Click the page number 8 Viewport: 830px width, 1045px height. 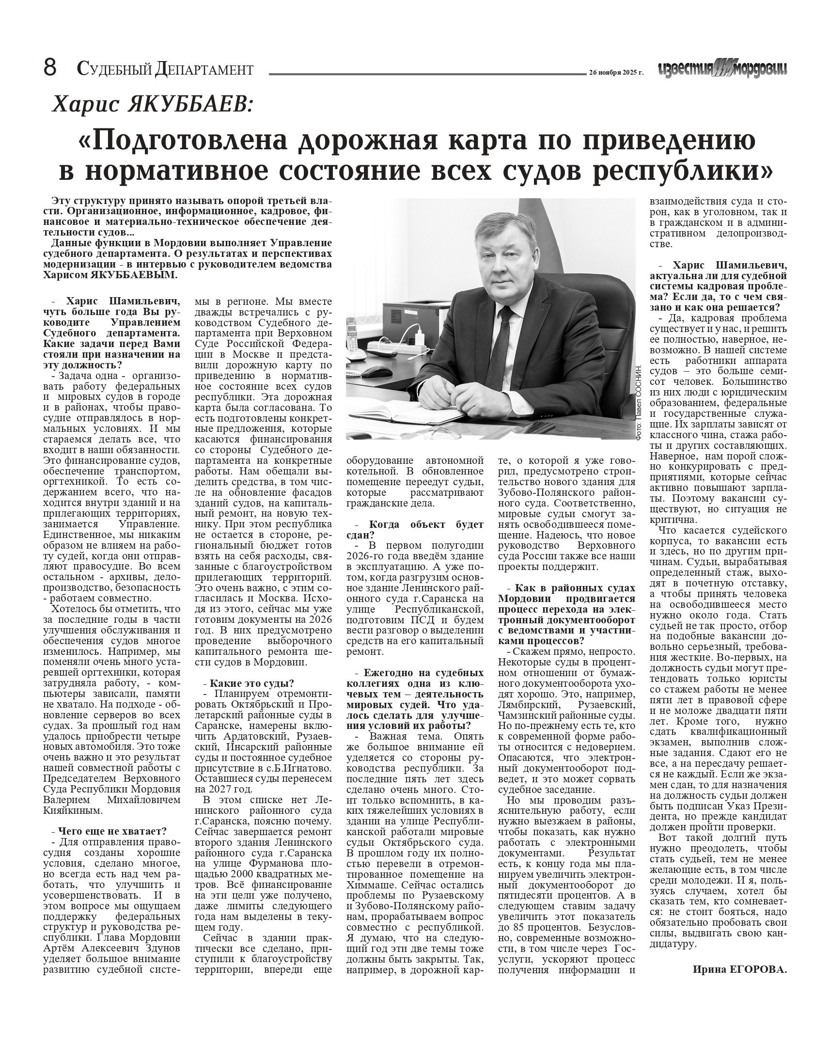pyautogui.click(x=50, y=68)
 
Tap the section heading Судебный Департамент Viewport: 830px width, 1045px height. pyautogui.click(x=165, y=69)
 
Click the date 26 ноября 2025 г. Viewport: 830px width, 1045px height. pyautogui.click(x=616, y=72)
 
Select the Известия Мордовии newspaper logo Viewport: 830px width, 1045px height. pyautogui.click(x=722, y=70)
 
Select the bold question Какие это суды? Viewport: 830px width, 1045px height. pyautogui.click(x=251, y=683)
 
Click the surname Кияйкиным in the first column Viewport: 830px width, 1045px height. pyautogui.click(x=73, y=810)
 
